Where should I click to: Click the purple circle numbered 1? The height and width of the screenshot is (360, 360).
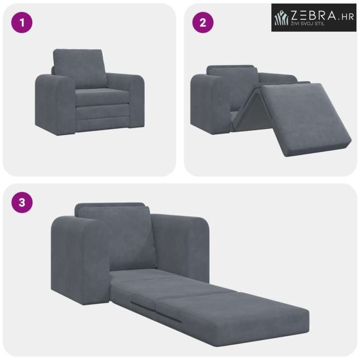point(22,22)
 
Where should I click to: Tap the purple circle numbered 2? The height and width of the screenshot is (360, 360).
point(203,22)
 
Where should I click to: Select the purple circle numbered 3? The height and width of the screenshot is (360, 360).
point(22,202)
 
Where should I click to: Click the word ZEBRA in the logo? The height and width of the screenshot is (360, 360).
point(313,15)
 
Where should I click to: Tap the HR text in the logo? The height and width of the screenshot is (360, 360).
point(347,17)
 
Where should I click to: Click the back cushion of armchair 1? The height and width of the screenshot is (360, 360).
point(80,68)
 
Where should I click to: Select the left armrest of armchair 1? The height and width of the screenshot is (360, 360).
point(55,104)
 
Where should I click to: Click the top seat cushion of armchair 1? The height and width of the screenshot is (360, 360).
point(102,97)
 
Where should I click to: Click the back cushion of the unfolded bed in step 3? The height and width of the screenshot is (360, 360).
point(117,237)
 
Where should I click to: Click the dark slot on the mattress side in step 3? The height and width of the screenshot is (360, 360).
point(156,312)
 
